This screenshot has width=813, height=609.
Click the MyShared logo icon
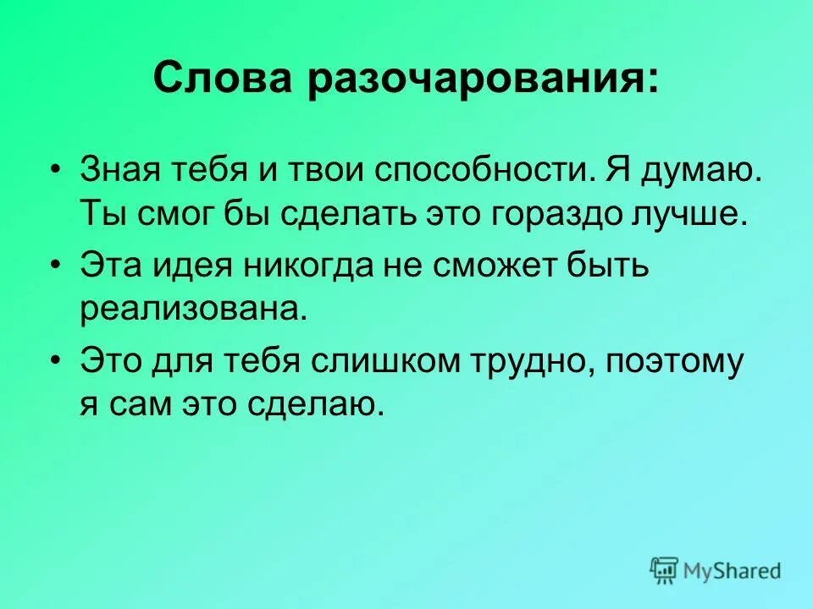[666, 569]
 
